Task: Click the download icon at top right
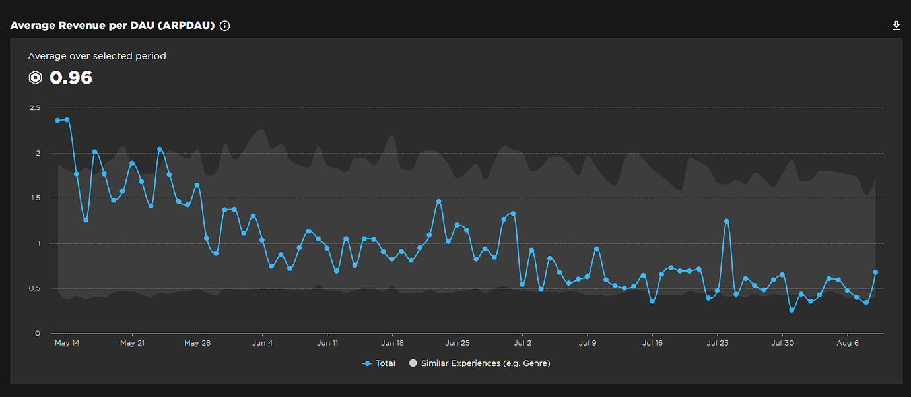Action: click(896, 26)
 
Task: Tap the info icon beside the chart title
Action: click(224, 26)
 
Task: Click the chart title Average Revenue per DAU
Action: click(112, 26)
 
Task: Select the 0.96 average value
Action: click(71, 78)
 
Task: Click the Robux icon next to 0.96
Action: click(36, 78)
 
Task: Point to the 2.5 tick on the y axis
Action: click(34, 107)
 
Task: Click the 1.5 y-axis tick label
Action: click(34, 198)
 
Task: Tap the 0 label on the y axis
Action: click(38, 334)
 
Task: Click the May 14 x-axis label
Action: click(67, 343)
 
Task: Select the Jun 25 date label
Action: click(457, 343)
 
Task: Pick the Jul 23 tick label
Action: click(718, 343)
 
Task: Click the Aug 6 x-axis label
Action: click(848, 343)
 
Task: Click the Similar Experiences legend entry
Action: click(479, 363)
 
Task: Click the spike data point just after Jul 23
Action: click(727, 222)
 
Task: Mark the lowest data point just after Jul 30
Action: click(792, 309)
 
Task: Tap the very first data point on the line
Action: click(57, 121)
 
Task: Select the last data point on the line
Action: click(875, 272)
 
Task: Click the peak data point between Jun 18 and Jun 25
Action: click(438, 202)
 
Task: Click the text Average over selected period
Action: click(97, 56)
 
